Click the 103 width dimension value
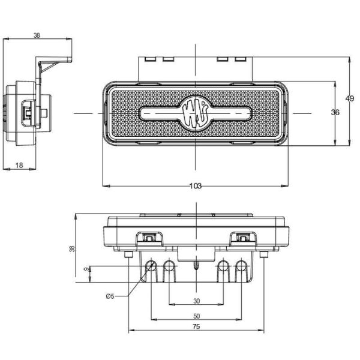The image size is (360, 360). (x=195, y=186)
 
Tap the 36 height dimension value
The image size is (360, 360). (x=335, y=112)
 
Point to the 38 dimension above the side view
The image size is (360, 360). (x=37, y=35)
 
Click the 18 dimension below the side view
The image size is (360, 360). (x=19, y=165)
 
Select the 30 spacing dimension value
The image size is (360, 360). (x=196, y=301)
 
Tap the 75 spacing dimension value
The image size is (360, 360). (x=196, y=327)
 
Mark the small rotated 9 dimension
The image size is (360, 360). (x=86, y=269)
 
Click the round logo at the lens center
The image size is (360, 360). (x=196, y=112)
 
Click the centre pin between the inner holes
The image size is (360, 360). (x=196, y=263)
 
